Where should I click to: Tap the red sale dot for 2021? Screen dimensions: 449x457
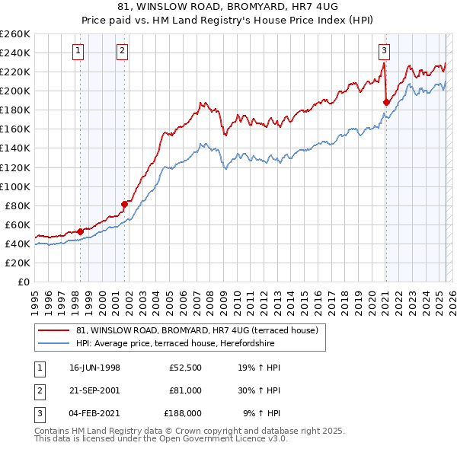tap(386, 101)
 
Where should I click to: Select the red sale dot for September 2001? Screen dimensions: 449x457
tap(124, 204)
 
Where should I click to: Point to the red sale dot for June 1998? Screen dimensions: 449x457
tap(81, 231)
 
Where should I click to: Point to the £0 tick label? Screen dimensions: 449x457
tap(24, 282)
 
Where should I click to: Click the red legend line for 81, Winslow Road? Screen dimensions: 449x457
tap(54, 330)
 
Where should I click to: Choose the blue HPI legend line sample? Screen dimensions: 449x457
tap(54, 343)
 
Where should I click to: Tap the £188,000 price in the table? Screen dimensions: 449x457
tap(183, 413)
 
